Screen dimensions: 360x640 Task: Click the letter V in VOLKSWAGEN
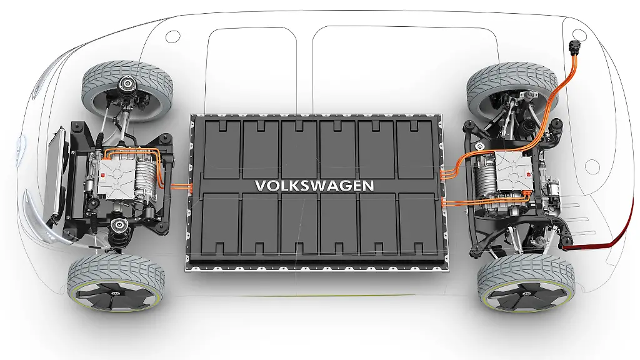(261, 186)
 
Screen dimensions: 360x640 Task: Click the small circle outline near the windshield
(173, 36)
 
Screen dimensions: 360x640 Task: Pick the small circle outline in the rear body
(591, 167)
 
